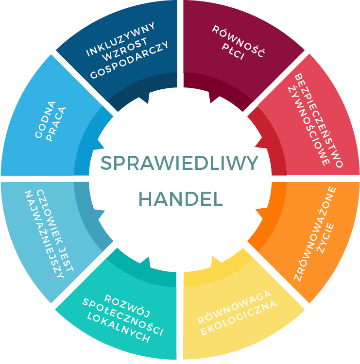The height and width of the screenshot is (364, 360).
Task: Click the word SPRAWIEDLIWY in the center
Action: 179,163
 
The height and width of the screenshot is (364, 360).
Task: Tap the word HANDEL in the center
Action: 181,199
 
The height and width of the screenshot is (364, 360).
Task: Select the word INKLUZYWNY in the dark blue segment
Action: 120,39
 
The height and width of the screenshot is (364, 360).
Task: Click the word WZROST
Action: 125,49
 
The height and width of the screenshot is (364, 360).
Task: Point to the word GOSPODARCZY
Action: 129,60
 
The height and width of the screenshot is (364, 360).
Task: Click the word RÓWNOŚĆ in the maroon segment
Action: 238,41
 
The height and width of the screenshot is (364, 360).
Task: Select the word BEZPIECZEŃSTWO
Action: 318,120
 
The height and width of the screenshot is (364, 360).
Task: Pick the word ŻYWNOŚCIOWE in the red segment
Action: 309,125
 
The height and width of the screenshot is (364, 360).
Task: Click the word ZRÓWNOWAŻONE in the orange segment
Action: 314,234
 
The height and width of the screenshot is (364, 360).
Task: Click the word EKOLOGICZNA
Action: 239,318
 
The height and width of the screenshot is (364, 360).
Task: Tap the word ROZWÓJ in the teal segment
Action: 127,306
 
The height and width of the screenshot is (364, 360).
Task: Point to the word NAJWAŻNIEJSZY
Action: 44,234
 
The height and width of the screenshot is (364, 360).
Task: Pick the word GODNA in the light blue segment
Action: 45,119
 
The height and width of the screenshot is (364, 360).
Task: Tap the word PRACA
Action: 56,124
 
